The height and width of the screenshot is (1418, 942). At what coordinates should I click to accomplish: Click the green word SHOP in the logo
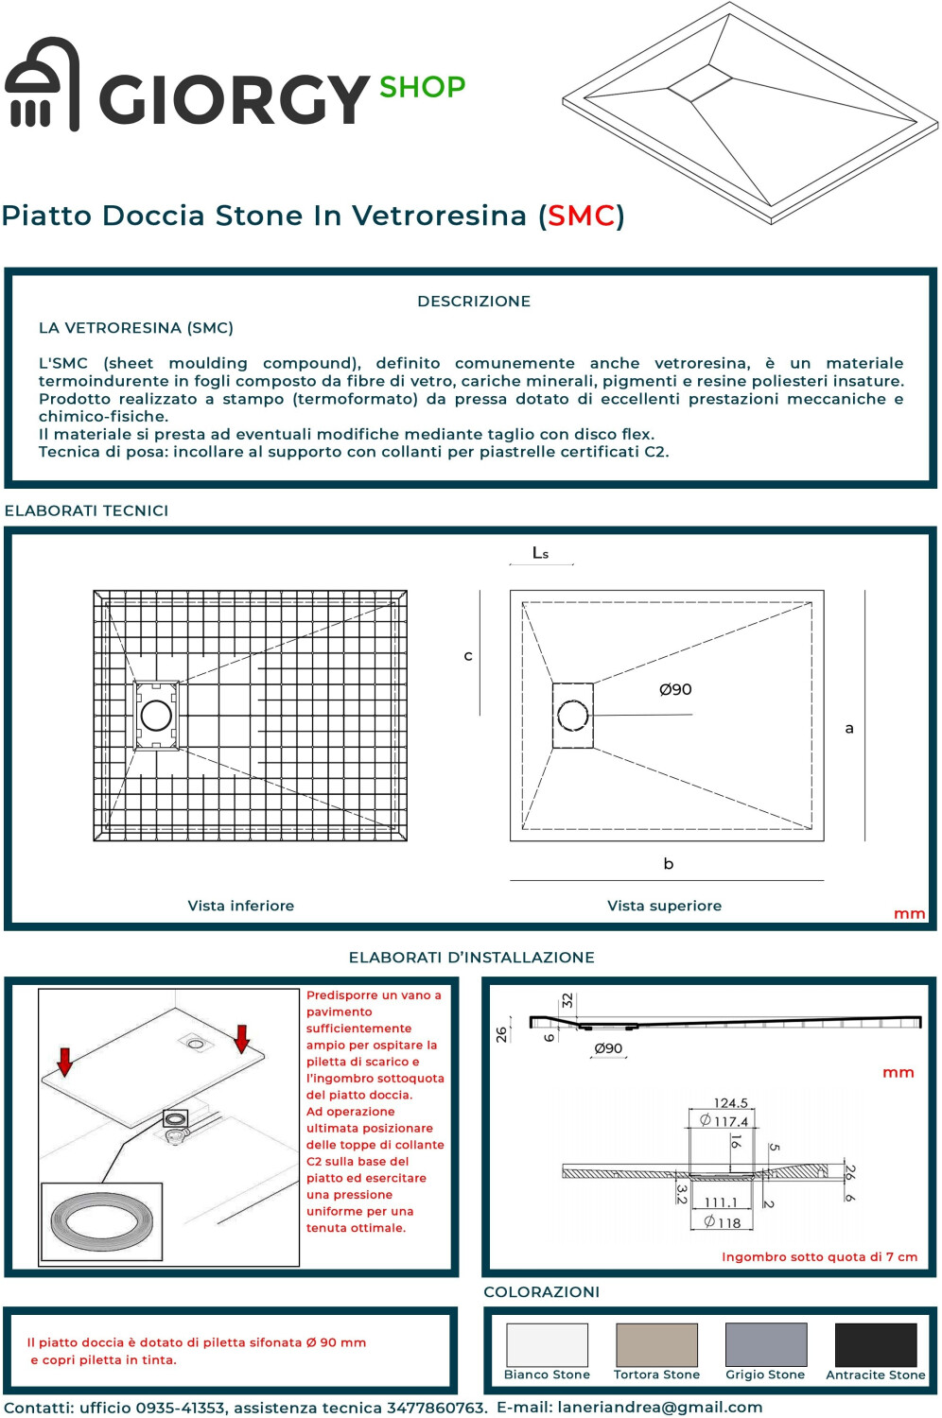[422, 87]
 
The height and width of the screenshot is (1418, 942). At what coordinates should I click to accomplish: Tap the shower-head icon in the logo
[42, 85]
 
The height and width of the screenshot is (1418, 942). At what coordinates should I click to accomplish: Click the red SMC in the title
[581, 216]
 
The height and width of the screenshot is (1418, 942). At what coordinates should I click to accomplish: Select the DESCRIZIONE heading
[474, 302]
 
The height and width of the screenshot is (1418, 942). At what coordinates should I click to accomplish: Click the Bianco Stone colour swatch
[547, 1344]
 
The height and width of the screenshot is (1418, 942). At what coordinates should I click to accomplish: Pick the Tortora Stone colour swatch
[656, 1344]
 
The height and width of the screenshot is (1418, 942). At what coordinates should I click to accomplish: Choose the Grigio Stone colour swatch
[765, 1344]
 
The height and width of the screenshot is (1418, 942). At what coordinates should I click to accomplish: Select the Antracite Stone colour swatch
[875, 1344]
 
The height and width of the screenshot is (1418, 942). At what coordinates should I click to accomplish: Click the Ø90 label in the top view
[675, 689]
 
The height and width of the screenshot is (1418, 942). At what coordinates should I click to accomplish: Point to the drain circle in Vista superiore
[572, 716]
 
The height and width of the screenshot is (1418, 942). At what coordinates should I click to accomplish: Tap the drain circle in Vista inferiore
[156, 716]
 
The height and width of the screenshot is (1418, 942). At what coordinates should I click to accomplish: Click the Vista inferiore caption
[240, 906]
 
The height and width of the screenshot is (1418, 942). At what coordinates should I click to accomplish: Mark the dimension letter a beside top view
[849, 729]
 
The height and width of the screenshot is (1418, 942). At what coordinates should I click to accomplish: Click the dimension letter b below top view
[669, 864]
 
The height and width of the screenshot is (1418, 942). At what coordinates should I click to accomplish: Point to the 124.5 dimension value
[730, 1103]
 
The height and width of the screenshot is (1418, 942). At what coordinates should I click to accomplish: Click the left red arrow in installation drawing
[64, 1062]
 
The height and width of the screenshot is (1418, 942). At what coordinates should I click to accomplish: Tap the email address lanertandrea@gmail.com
[659, 1407]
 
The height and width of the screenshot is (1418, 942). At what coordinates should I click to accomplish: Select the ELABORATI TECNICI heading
[86, 510]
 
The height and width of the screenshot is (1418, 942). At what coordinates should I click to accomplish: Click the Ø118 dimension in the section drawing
[723, 1222]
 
